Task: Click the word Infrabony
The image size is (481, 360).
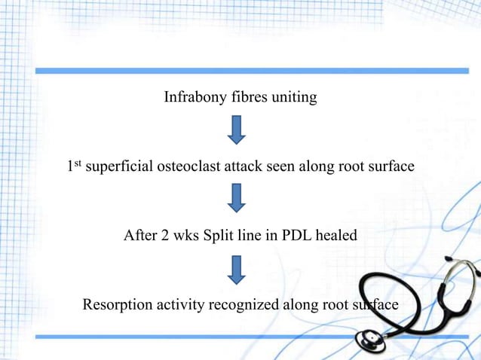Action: click(x=195, y=97)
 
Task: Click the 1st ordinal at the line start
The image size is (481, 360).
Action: click(x=74, y=166)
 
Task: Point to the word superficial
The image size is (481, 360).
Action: click(x=119, y=166)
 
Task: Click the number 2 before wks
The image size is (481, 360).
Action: click(x=164, y=235)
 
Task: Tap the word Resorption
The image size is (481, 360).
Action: click(x=118, y=305)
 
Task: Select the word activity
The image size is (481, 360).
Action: click(x=180, y=305)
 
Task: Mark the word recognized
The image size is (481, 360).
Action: click(x=244, y=305)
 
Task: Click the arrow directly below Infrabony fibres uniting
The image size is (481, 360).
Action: click(x=237, y=130)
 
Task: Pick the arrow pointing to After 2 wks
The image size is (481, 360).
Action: click(x=237, y=198)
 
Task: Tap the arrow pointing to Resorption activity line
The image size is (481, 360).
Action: click(x=237, y=270)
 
